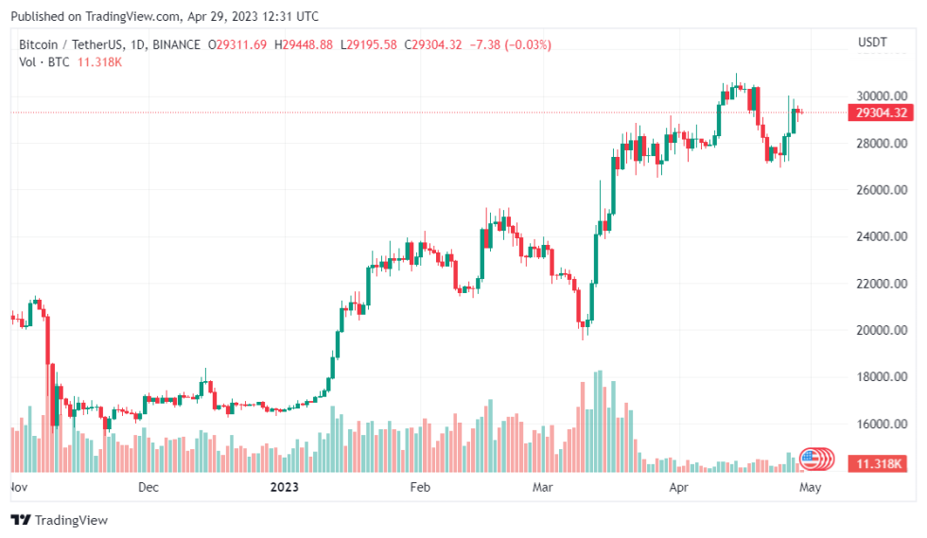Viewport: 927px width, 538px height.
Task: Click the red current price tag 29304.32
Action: [881, 113]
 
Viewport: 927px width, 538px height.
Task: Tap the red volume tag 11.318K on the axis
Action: [881, 464]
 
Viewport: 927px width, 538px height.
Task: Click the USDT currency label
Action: [873, 43]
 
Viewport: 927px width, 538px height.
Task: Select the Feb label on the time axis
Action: [420, 488]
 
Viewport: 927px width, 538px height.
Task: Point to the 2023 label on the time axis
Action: [285, 488]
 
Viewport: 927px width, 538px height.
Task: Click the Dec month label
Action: [149, 488]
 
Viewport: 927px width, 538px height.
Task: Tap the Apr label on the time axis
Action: [679, 488]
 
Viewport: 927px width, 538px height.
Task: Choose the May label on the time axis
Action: [810, 488]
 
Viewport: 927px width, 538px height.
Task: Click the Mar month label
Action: [543, 488]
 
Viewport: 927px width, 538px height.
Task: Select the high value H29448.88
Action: [303, 44]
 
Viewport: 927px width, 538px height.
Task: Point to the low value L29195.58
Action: [369, 44]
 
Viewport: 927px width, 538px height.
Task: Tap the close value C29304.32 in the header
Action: [433, 44]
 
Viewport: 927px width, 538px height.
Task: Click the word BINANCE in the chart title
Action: [176, 44]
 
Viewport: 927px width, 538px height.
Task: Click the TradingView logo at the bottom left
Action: [59, 520]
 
